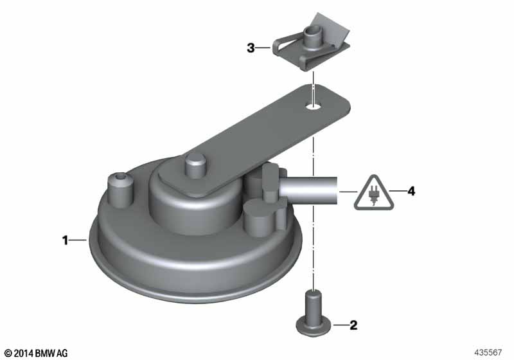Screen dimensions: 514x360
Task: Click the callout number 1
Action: tap(66, 240)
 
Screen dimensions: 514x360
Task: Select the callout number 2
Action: tap(353, 325)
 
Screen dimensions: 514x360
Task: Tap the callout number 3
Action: tap(251, 48)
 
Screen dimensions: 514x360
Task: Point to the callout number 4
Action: tap(411, 191)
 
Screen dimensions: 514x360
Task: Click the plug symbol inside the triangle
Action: tap(373, 195)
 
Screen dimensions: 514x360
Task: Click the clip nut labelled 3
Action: tap(311, 44)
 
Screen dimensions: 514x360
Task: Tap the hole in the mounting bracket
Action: tap(313, 106)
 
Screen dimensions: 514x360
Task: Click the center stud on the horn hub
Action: tap(196, 166)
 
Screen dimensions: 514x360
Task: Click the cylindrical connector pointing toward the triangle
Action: tap(310, 191)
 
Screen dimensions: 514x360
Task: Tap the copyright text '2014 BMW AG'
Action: tap(41, 353)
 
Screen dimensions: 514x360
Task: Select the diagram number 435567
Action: tap(488, 352)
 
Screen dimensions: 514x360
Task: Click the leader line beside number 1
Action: tap(78, 240)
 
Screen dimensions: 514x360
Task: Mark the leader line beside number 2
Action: tap(341, 325)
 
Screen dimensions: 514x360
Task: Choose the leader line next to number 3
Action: tap(263, 48)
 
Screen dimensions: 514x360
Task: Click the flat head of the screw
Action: tap(313, 328)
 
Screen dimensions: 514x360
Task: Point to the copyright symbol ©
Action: tap(8, 353)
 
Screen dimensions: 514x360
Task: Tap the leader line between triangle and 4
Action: tap(397, 191)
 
